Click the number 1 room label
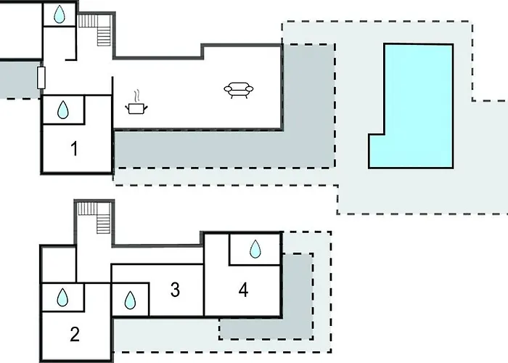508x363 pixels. coord(74,149)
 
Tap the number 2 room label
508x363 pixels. coord(74,335)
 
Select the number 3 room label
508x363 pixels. coord(175,290)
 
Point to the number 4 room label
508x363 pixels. coord(243,290)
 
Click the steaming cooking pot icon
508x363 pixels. coord(136,107)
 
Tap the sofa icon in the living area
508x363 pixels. coord(239,90)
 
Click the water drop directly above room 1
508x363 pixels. coord(64,110)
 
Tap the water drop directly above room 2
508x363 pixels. coord(63,297)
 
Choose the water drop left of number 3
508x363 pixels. coord(131,299)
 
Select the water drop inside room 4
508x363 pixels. coord(255,250)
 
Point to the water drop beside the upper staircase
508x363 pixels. coord(59,14)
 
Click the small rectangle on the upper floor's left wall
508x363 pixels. coord(41,76)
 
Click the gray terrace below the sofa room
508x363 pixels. coord(218,149)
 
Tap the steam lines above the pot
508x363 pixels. coord(136,96)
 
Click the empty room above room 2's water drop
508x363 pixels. coord(58,264)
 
